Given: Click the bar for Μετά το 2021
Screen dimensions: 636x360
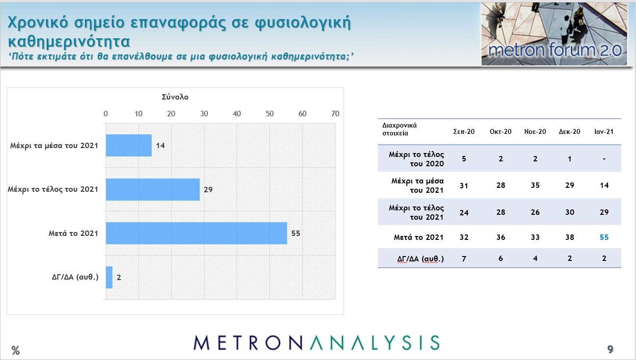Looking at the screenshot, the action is (196, 233).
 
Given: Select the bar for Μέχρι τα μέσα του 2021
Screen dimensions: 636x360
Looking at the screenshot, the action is (129, 145).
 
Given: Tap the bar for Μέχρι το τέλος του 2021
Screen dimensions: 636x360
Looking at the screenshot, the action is (153, 189).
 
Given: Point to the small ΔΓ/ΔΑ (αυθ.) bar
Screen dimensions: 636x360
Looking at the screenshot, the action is (109, 277).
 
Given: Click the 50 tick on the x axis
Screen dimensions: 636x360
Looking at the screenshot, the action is (269, 114).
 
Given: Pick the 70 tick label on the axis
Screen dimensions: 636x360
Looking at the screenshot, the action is (335, 114).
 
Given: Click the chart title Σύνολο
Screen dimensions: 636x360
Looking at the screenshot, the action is (175, 97).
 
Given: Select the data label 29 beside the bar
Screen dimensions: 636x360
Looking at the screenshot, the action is (208, 189).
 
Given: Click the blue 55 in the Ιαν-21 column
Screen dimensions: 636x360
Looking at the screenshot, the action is (604, 237).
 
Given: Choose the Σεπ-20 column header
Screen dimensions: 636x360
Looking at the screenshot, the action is (464, 131).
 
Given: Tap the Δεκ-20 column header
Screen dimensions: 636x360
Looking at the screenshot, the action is (569, 131).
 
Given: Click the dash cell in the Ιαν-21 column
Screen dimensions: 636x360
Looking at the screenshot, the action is (604, 159).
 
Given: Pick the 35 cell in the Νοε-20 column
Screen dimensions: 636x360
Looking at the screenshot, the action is (535, 185).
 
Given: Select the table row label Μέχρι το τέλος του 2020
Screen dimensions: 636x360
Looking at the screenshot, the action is (416, 159).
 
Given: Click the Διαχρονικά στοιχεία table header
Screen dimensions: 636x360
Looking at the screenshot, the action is (399, 129).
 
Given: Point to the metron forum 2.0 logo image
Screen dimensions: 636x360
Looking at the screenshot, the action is (554, 34).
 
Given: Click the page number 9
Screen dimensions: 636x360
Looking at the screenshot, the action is (610, 349).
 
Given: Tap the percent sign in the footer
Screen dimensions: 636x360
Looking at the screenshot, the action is (15, 350).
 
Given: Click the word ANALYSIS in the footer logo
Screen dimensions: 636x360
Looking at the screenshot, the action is (374, 343).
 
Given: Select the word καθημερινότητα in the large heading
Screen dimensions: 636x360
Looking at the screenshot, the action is (69, 41).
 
